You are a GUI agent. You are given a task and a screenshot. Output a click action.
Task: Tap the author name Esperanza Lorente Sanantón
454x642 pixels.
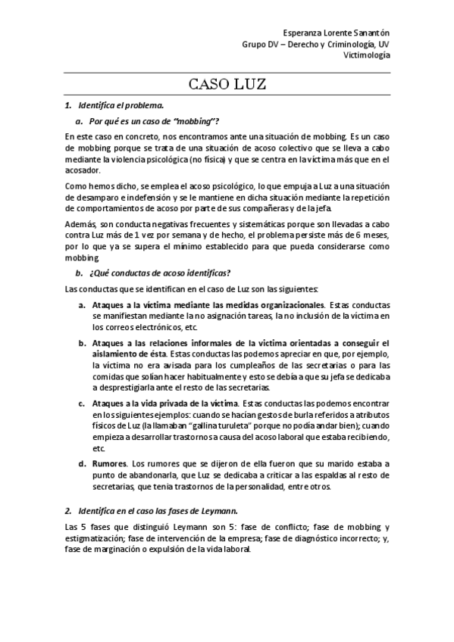(336, 33)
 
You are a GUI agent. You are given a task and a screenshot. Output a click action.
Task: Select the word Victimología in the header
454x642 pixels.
(368, 55)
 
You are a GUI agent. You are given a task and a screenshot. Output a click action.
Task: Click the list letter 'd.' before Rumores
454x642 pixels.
(82, 463)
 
